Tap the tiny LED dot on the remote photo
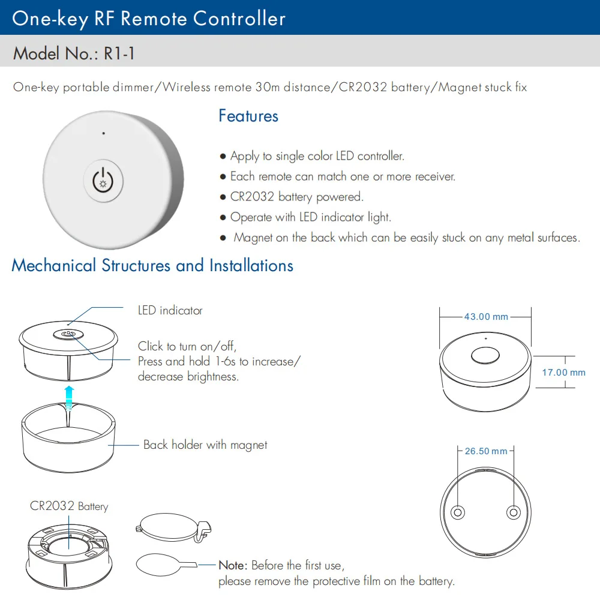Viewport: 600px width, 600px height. click(104, 133)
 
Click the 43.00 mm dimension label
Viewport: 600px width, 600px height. click(485, 317)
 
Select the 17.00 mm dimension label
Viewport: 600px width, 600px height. click(563, 373)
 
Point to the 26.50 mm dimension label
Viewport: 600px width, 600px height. click(485, 451)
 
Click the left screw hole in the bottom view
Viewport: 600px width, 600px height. click(458, 512)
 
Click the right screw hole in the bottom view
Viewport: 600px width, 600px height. click(513, 512)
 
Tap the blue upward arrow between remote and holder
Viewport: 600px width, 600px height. click(70, 397)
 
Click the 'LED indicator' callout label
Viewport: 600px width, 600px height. click(170, 311)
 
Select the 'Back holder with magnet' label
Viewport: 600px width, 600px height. click(205, 445)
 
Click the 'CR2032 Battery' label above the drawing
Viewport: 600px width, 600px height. click(69, 507)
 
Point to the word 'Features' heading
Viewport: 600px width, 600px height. click(248, 116)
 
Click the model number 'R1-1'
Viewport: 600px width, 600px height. click(119, 54)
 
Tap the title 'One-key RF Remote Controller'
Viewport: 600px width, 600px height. click(149, 19)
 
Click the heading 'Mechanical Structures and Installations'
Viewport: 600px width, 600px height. click(152, 266)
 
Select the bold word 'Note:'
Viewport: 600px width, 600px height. click(232, 566)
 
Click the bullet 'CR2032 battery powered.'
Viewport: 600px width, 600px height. click(296, 197)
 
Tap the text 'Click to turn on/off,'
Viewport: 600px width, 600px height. click(187, 346)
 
